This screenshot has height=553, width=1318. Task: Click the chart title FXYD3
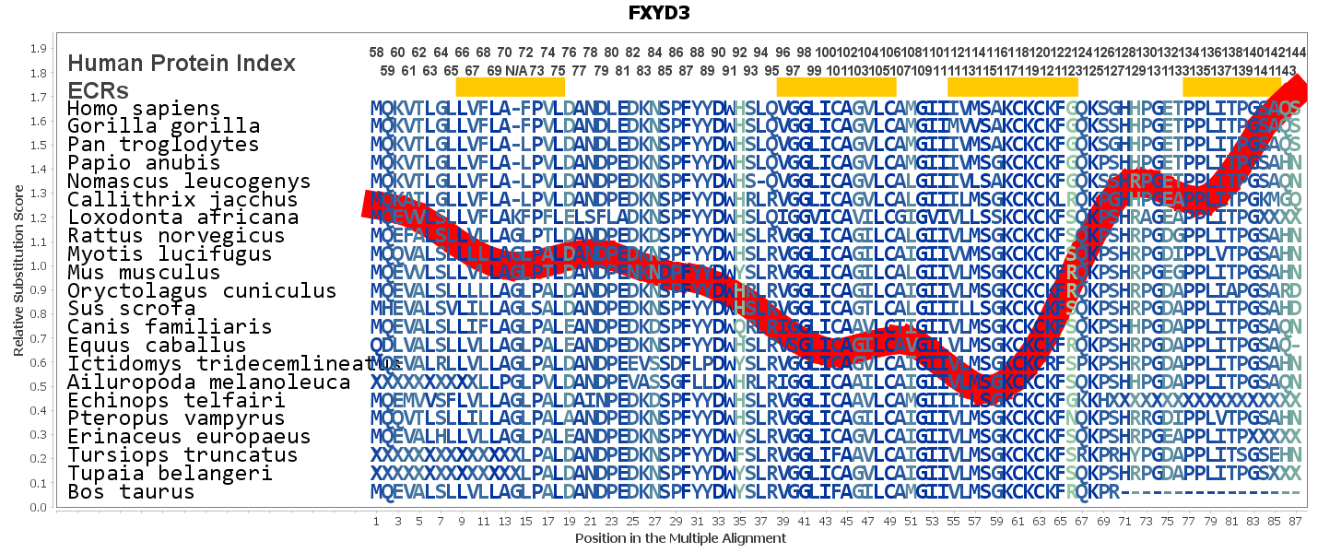point(659,13)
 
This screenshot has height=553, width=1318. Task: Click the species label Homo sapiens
point(144,109)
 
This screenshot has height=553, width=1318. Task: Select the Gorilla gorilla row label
point(163,126)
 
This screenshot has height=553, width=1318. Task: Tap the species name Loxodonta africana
point(182,218)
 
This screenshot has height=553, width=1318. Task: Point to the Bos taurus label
point(131,491)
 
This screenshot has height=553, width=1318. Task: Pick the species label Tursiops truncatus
point(182,455)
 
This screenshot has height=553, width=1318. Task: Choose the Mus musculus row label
point(144,273)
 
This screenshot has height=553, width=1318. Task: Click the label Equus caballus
point(157,346)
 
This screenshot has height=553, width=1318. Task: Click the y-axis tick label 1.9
point(39,49)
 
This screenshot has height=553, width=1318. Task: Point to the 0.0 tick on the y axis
point(39,508)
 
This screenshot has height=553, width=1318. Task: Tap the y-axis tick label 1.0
point(39,266)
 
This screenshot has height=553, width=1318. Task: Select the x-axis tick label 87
point(1295,523)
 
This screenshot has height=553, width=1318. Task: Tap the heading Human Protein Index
point(182,63)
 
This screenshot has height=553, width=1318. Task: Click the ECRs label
point(98,89)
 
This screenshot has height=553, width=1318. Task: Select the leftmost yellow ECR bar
point(510,87)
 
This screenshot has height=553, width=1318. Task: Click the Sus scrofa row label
point(131,309)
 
